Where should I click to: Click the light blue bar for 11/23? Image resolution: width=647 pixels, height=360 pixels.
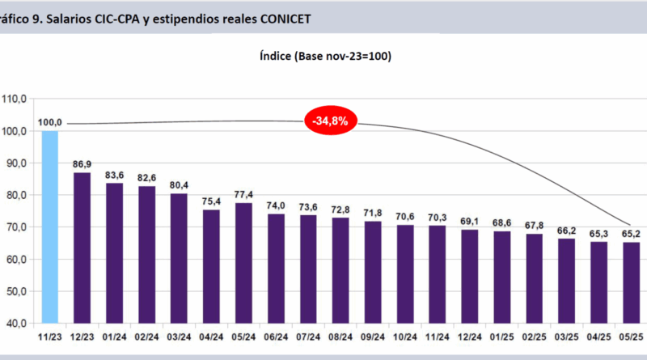pyautogui.click(x=50, y=227)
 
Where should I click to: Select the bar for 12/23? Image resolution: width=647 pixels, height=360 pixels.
pyautogui.click(x=82, y=247)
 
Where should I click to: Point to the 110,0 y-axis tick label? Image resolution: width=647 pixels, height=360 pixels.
pyautogui.click(x=15, y=99)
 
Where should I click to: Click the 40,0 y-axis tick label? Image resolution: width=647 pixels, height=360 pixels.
pyautogui.click(x=15, y=324)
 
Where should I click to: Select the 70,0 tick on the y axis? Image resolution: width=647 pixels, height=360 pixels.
pyautogui.click(x=15, y=227)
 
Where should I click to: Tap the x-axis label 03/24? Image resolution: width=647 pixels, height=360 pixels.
pyautogui.click(x=179, y=334)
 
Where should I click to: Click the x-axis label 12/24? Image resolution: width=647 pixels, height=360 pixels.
pyautogui.click(x=470, y=334)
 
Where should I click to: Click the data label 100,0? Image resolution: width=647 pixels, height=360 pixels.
pyautogui.click(x=50, y=122)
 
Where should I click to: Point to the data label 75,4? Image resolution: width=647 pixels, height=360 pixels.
pyautogui.click(x=212, y=202)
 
